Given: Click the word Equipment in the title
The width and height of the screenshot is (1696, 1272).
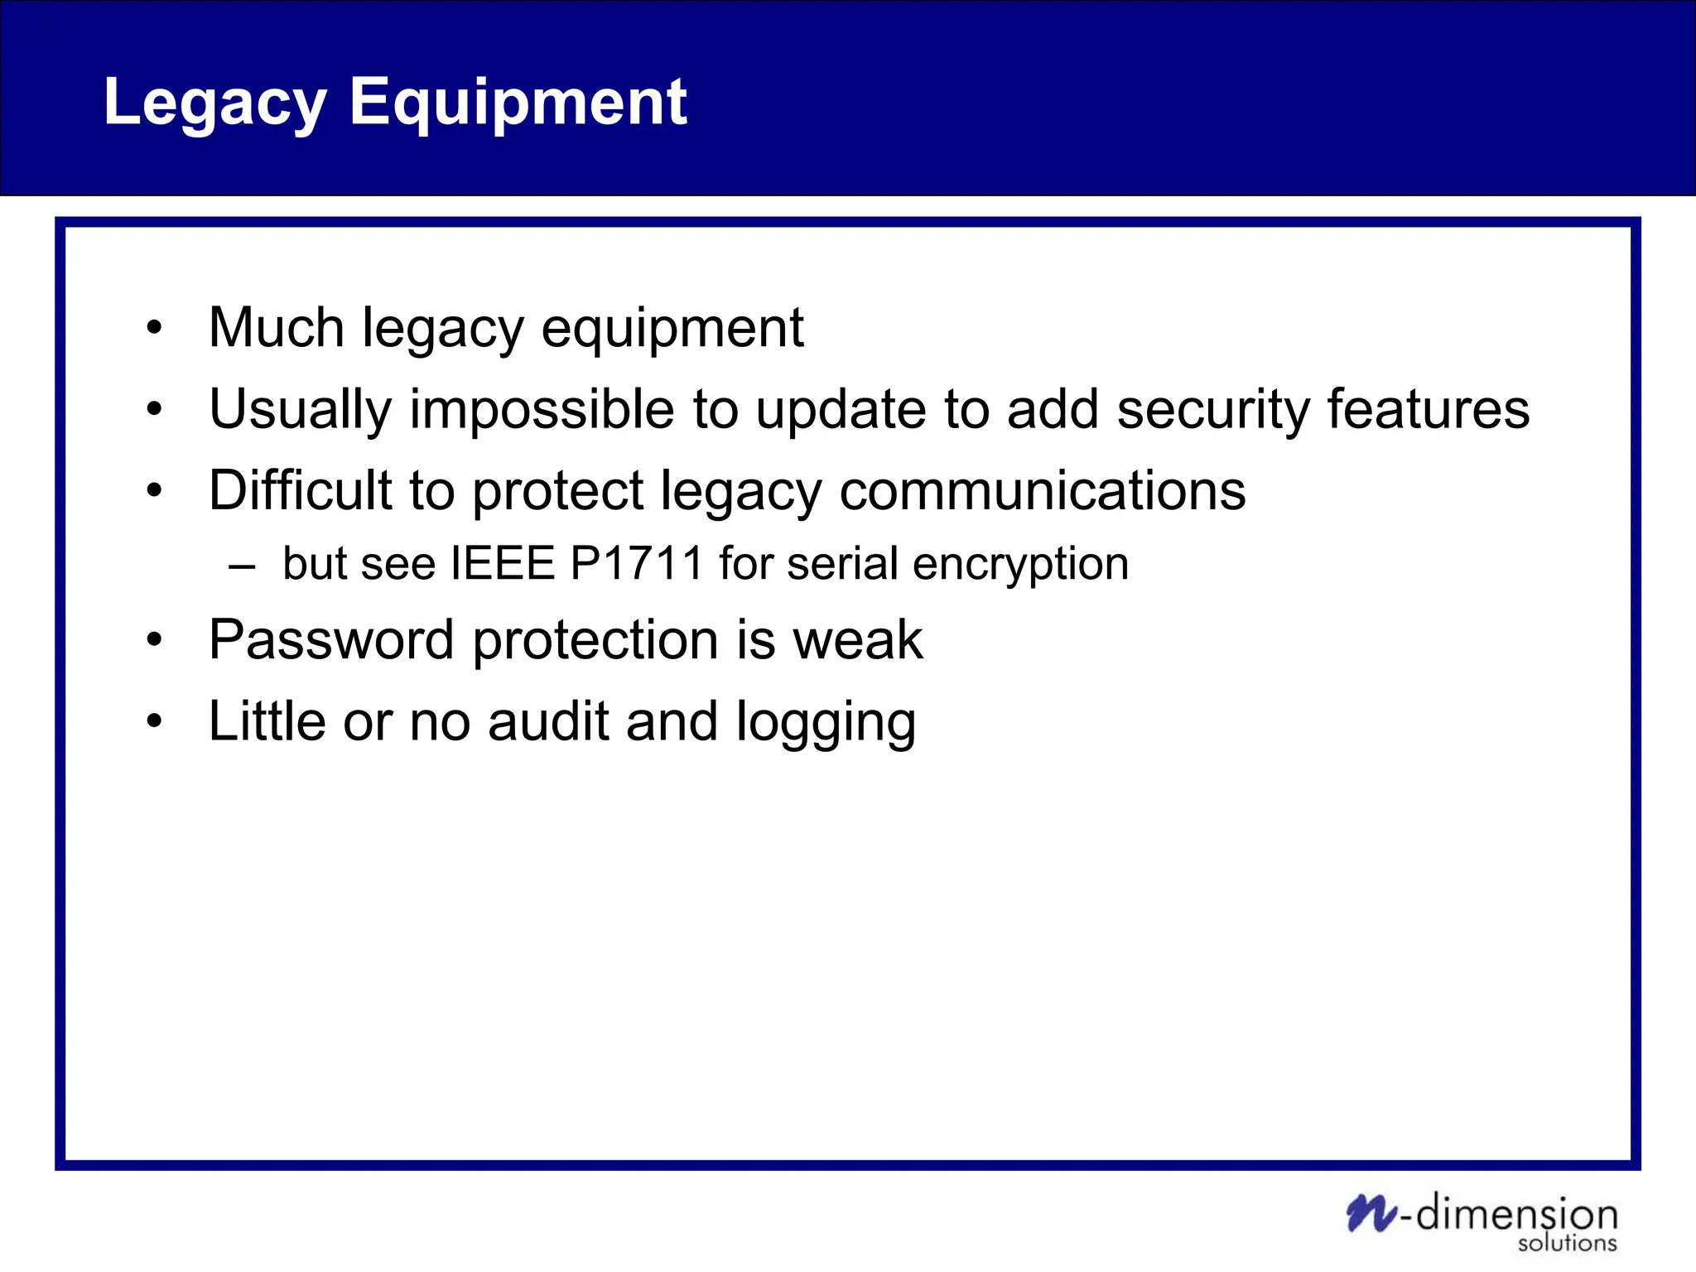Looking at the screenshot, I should pyautogui.click(x=518, y=103).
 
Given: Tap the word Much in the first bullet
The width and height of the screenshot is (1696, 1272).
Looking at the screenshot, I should pyautogui.click(x=277, y=327).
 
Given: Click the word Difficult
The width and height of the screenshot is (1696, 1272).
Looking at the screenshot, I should pyautogui.click(x=300, y=490).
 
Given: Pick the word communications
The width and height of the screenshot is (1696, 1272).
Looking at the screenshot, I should pyautogui.click(x=1042, y=490).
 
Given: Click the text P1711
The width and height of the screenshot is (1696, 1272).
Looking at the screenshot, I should pyautogui.click(x=637, y=563).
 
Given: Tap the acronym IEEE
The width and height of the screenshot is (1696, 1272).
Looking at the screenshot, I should pyautogui.click(x=502, y=563).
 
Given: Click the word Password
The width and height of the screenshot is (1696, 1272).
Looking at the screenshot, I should pyautogui.click(x=331, y=639).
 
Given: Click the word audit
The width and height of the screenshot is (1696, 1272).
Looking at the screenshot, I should pyautogui.click(x=548, y=720).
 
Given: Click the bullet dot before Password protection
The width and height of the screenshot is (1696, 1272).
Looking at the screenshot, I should pyautogui.click(x=154, y=640).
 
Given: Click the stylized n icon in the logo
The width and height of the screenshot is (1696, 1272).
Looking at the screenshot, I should pyautogui.click(x=1371, y=1214).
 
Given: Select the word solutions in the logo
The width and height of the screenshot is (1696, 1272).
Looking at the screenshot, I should pyautogui.click(x=1567, y=1243).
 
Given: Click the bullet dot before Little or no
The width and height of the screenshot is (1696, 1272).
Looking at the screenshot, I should pyautogui.click(x=154, y=721).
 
